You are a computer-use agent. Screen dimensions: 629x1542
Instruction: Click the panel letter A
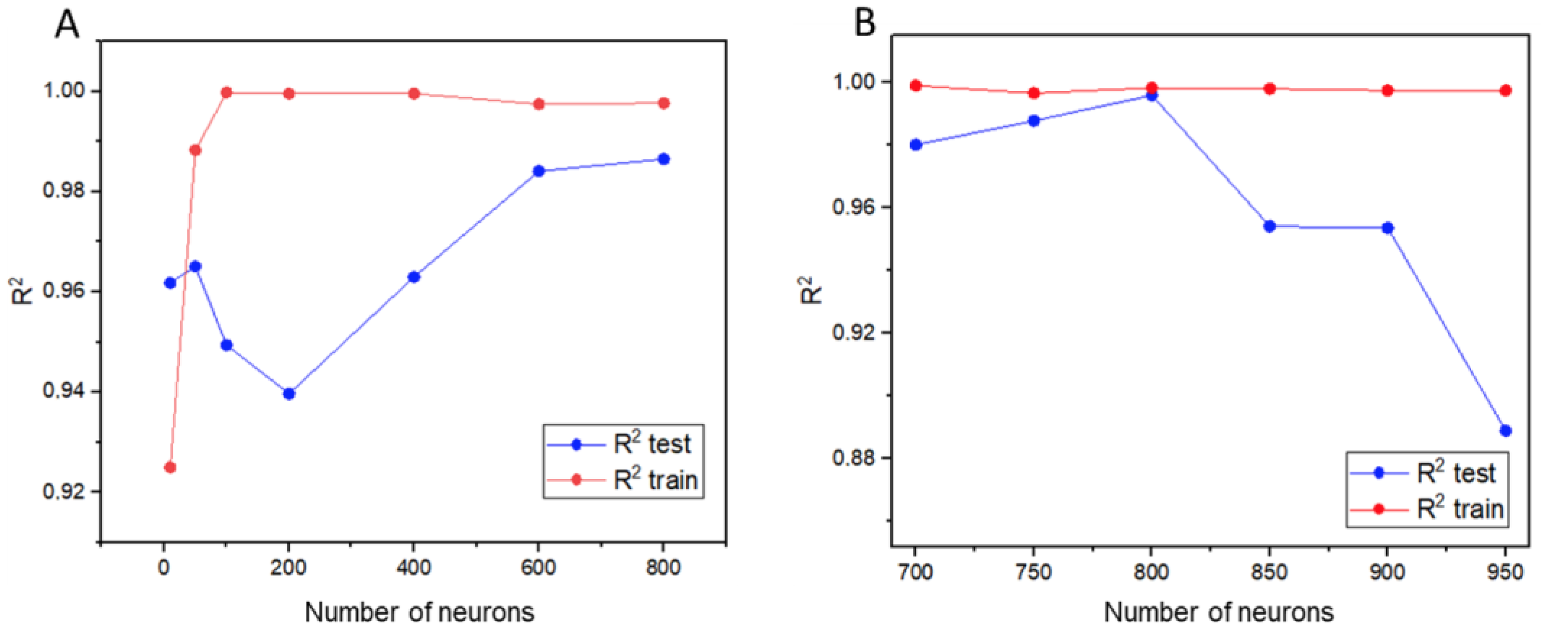click(66, 25)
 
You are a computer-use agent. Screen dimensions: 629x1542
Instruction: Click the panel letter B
click(864, 24)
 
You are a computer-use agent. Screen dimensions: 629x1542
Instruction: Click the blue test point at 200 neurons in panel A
click(288, 394)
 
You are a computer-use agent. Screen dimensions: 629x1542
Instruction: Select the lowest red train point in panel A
click(170, 467)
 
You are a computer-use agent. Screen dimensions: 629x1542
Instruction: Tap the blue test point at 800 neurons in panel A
click(663, 159)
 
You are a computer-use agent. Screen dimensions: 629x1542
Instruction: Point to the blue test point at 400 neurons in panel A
click(414, 277)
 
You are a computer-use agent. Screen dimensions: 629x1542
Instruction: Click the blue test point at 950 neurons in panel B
click(1505, 430)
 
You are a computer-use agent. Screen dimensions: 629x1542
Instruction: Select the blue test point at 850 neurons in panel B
click(1269, 226)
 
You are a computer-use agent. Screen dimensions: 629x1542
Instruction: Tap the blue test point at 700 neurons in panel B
click(915, 145)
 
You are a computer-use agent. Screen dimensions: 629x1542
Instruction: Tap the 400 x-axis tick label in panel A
click(413, 567)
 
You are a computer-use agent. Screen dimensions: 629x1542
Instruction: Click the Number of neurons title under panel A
click(419, 612)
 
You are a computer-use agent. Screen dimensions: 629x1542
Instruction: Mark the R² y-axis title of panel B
click(810, 290)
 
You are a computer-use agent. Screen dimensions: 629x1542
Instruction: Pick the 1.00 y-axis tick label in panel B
click(852, 82)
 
